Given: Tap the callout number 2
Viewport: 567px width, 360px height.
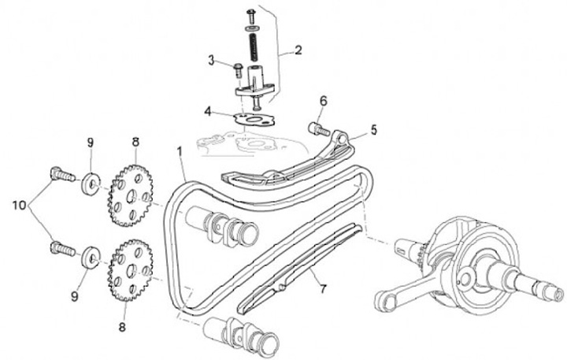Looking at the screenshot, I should pyautogui.click(x=298, y=51).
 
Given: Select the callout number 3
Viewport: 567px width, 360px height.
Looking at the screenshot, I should pyautogui.click(x=211, y=59).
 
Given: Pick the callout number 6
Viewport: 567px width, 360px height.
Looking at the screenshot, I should pyautogui.click(x=323, y=100).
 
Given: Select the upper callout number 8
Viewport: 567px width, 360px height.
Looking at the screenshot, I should pyautogui.click(x=135, y=143).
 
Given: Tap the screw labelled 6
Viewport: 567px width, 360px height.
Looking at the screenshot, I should pyautogui.click(x=316, y=126).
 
